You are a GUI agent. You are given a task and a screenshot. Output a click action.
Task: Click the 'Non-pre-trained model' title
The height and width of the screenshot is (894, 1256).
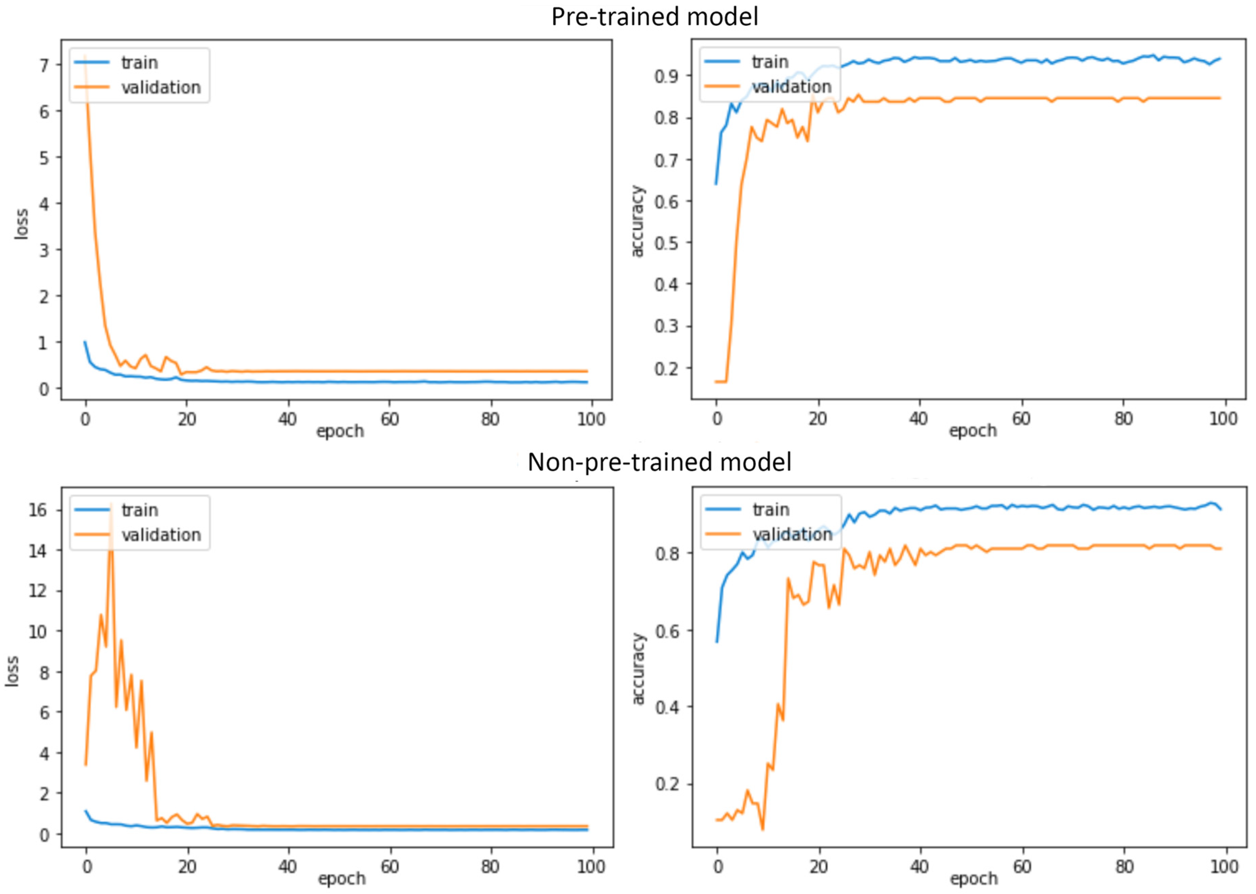click(659, 462)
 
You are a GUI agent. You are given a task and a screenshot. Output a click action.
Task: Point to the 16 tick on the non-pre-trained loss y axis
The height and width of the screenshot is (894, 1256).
click(37, 510)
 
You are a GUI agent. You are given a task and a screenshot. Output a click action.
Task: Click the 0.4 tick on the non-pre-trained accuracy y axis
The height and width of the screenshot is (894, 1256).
click(666, 707)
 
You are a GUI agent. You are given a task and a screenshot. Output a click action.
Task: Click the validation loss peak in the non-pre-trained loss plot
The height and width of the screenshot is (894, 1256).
click(111, 504)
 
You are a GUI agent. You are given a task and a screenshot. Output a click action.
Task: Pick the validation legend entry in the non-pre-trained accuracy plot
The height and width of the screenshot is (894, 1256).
click(792, 534)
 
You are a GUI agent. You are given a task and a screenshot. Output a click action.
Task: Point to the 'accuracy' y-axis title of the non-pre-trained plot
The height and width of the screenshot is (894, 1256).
click(638, 668)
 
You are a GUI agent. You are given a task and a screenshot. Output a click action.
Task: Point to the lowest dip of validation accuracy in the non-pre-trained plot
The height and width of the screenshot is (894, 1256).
click(762, 829)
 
